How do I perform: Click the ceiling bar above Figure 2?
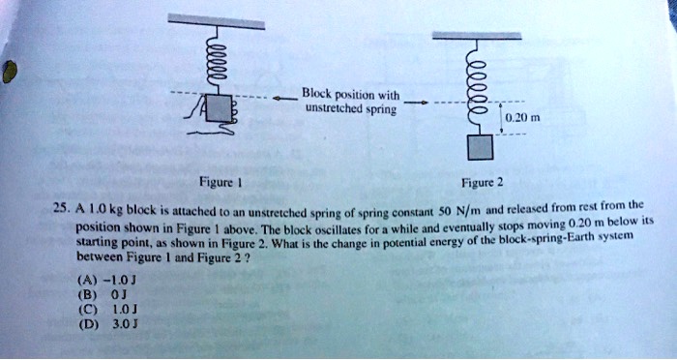click(477, 35)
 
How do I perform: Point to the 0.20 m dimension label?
click(515, 117)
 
